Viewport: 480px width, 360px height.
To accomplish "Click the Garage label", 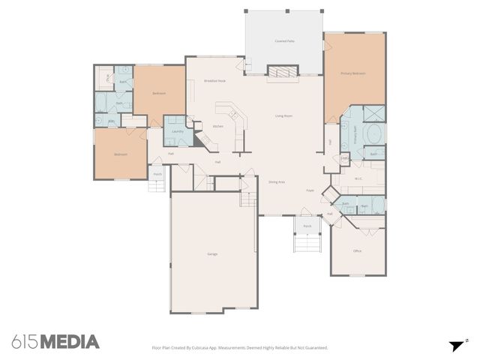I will coord(212,254).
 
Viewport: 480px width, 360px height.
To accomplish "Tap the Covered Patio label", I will coord(284,41).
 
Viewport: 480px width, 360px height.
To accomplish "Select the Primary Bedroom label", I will coord(352,73).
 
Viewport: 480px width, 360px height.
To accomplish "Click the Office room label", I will coord(357,250).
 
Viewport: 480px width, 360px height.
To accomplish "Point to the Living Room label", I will coord(283,115).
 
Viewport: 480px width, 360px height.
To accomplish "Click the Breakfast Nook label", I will coord(215,80).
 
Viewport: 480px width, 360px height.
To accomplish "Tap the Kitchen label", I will coord(217,126).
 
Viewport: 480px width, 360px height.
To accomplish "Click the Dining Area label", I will coord(277,181).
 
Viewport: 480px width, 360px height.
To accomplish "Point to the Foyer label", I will coord(310,190).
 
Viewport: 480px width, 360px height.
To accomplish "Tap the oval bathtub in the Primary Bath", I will coord(373,136).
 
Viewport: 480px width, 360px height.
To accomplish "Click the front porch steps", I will coord(307,244).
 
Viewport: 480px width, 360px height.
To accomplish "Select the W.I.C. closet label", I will coord(358,178).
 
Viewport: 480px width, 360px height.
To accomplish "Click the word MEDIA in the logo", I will coord(69,342).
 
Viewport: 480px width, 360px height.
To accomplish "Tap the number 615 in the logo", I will coord(24,342).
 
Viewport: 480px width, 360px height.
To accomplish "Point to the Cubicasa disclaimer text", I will coord(239,348).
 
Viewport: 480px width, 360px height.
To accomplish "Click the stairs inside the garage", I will coord(247,199).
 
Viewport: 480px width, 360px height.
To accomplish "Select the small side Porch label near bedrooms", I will coord(157,174).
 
